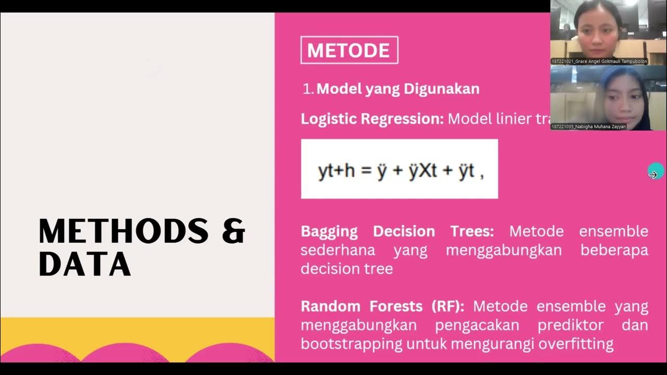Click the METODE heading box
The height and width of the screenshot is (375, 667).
click(x=349, y=51)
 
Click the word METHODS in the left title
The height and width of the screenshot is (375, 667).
click(x=123, y=231)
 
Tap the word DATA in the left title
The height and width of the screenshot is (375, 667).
click(x=84, y=264)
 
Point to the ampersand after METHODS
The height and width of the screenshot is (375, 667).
click(x=233, y=231)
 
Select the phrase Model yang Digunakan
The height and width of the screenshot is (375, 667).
click(x=398, y=89)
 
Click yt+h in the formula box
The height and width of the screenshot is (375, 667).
click(x=336, y=171)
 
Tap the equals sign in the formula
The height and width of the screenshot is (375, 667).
click(x=366, y=171)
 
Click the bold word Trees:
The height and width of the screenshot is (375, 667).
click(x=472, y=231)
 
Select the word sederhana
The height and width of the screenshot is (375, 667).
click(x=338, y=250)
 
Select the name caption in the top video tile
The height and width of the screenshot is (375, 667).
click(x=599, y=61)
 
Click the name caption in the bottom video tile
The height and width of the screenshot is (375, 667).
click(x=589, y=127)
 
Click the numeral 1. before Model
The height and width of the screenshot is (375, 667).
click(x=308, y=89)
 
